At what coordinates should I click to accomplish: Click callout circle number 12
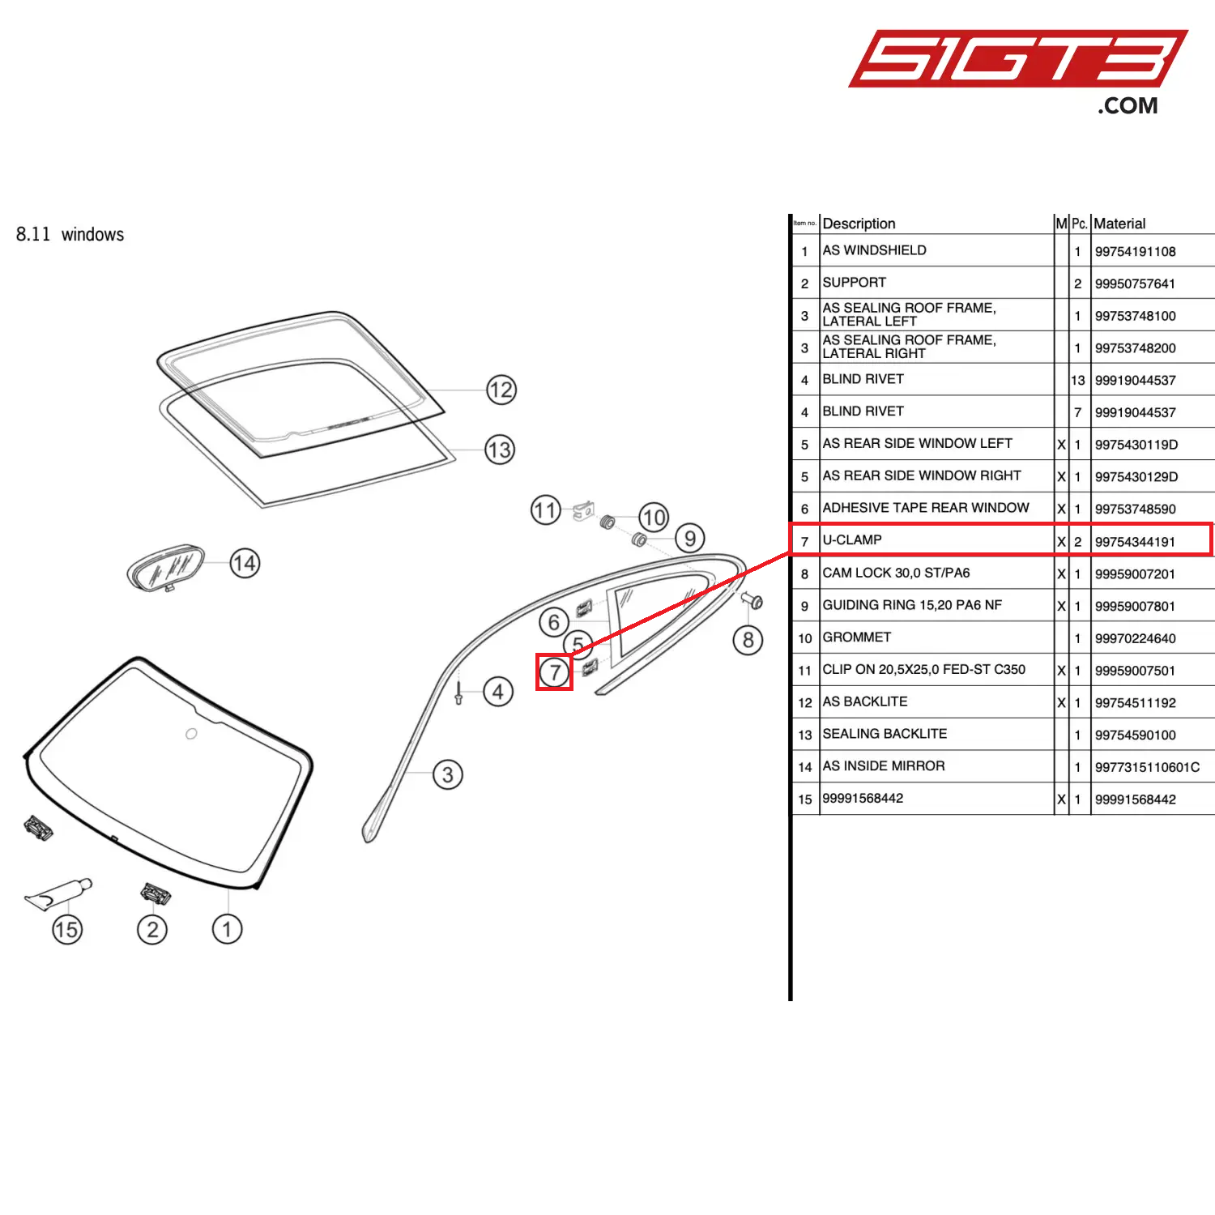pyautogui.click(x=501, y=390)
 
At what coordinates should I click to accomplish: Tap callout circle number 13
pyautogui.click(x=500, y=450)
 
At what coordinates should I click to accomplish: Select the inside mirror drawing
pyautogui.click(x=165, y=567)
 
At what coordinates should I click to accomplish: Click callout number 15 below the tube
pyautogui.click(x=67, y=929)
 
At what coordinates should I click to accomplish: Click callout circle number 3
pyautogui.click(x=448, y=774)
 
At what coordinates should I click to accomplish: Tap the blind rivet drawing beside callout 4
pyautogui.click(x=458, y=693)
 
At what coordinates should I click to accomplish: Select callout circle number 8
pyautogui.click(x=748, y=641)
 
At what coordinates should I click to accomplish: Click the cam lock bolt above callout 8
pyautogui.click(x=752, y=601)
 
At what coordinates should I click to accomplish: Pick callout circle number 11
pyautogui.click(x=546, y=510)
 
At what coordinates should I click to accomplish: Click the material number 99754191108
pyautogui.click(x=1135, y=251)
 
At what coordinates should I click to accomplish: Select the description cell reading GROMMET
pyautogui.click(x=856, y=637)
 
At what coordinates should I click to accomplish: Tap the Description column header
pyautogui.click(x=859, y=224)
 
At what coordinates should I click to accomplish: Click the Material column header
pyautogui.click(x=1119, y=224)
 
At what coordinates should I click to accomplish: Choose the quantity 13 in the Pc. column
pyautogui.click(x=1077, y=380)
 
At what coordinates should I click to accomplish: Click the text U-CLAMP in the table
pyautogui.click(x=852, y=540)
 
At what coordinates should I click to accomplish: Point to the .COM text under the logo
pyautogui.click(x=1128, y=106)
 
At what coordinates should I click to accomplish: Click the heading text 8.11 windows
pyautogui.click(x=70, y=235)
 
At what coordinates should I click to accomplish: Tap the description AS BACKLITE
pyautogui.click(x=864, y=701)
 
